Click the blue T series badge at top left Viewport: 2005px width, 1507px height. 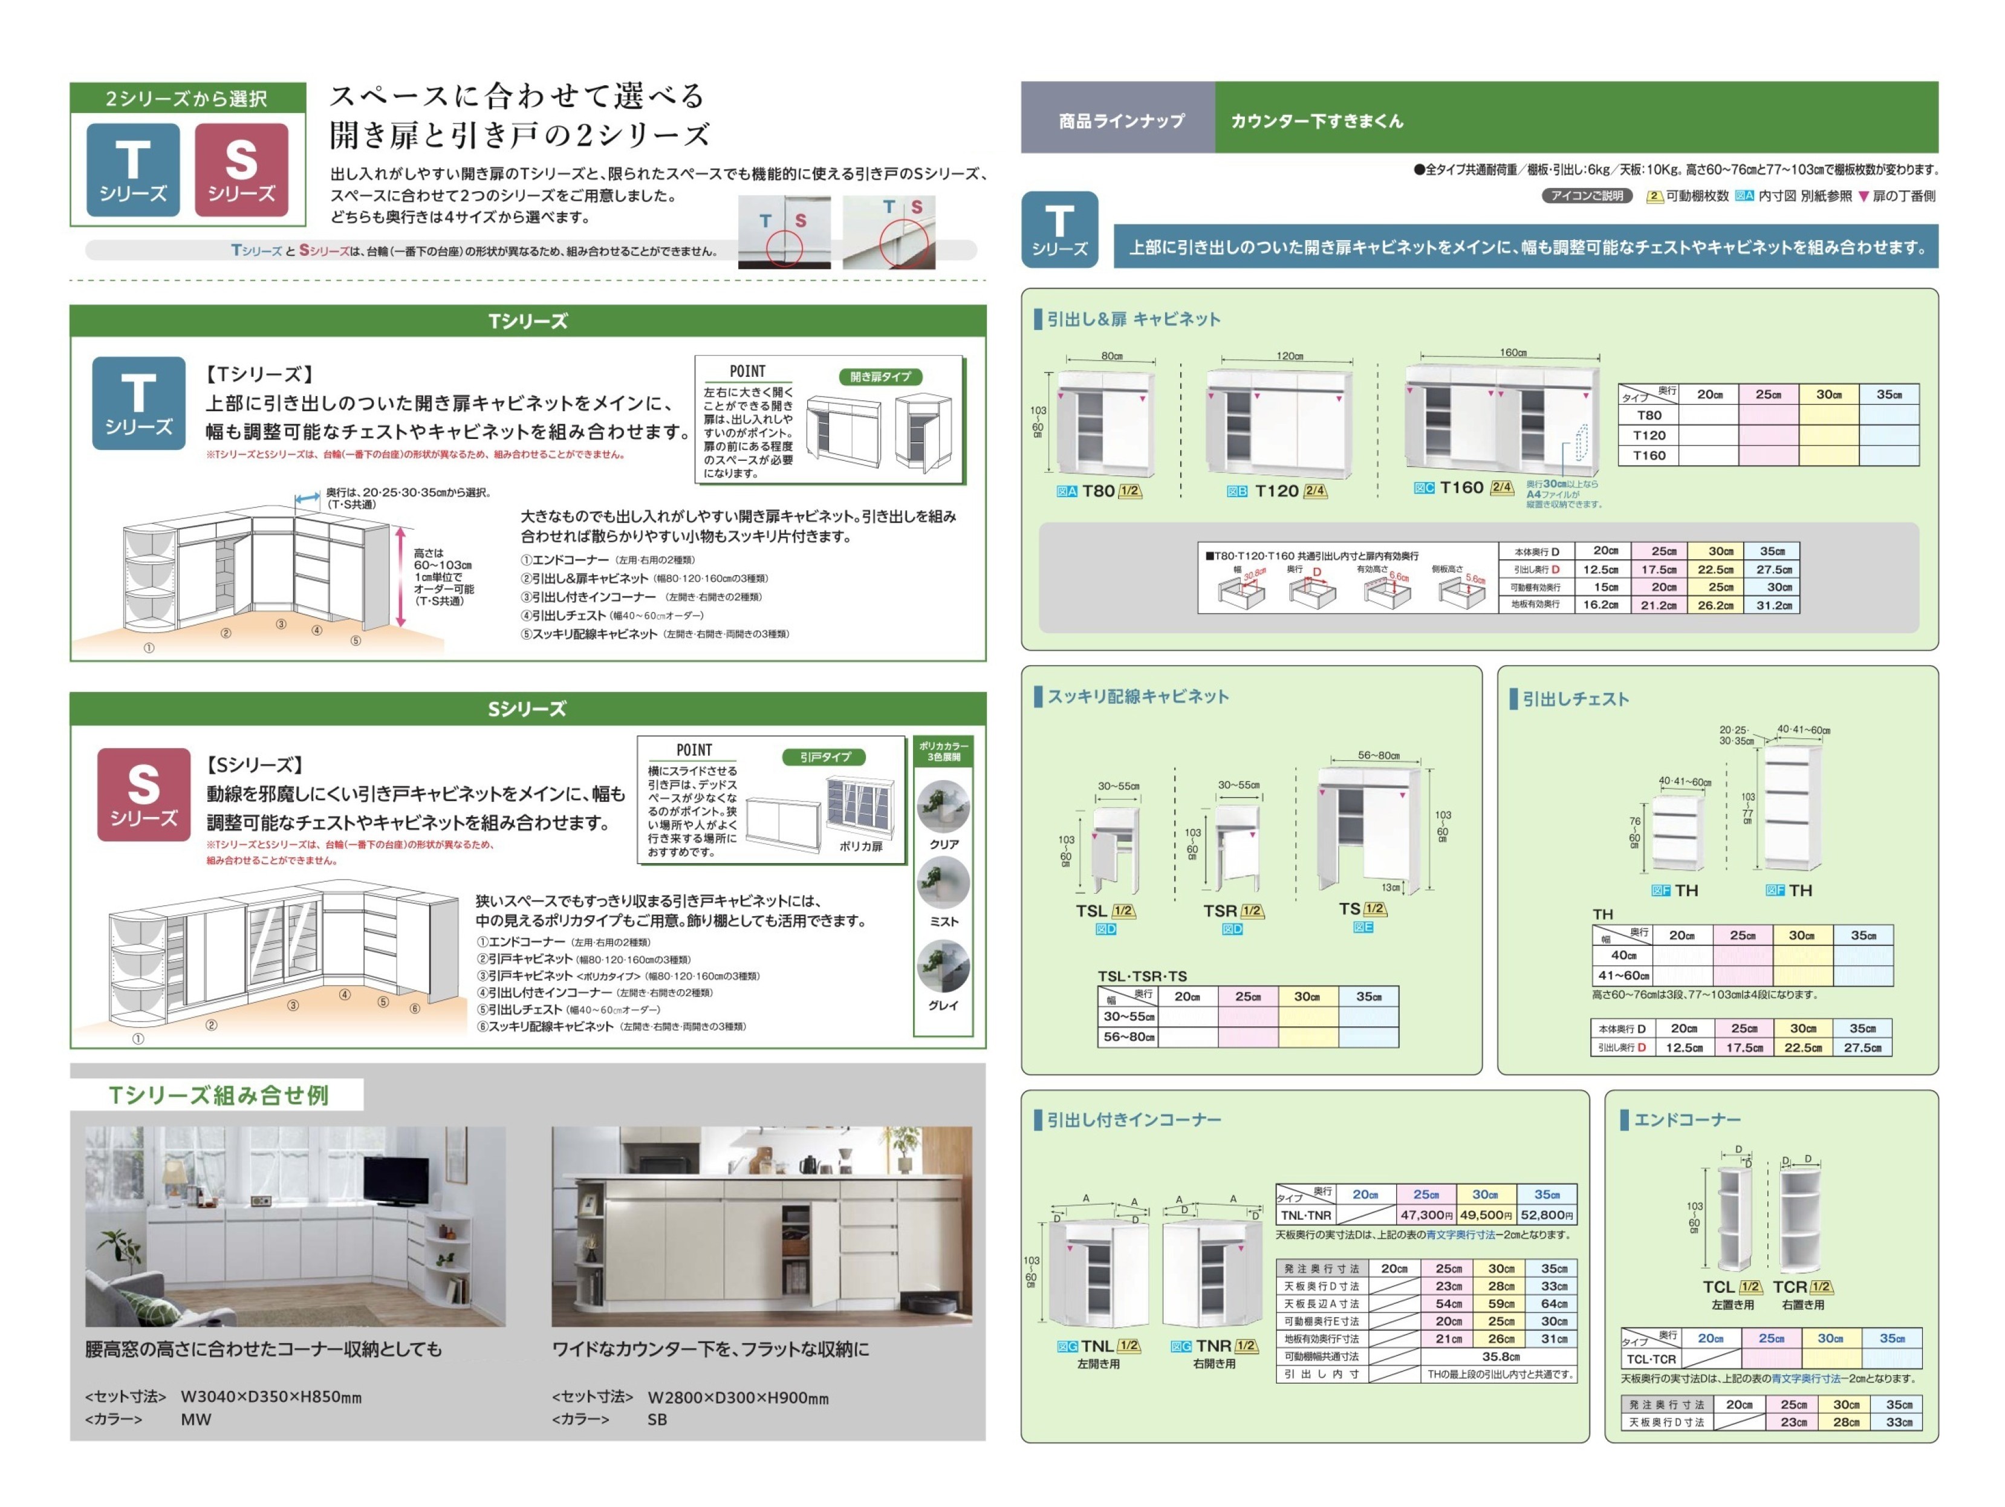[133, 169]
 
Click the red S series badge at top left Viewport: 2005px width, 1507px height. [241, 169]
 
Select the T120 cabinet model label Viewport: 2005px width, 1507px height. [1276, 490]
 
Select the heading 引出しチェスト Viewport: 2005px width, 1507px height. [1575, 698]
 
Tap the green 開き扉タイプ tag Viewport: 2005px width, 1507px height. [879, 376]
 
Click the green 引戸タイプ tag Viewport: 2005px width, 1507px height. [825, 756]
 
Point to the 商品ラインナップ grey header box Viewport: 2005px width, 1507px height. [1121, 120]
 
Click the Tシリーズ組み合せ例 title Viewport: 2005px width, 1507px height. [218, 1095]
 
